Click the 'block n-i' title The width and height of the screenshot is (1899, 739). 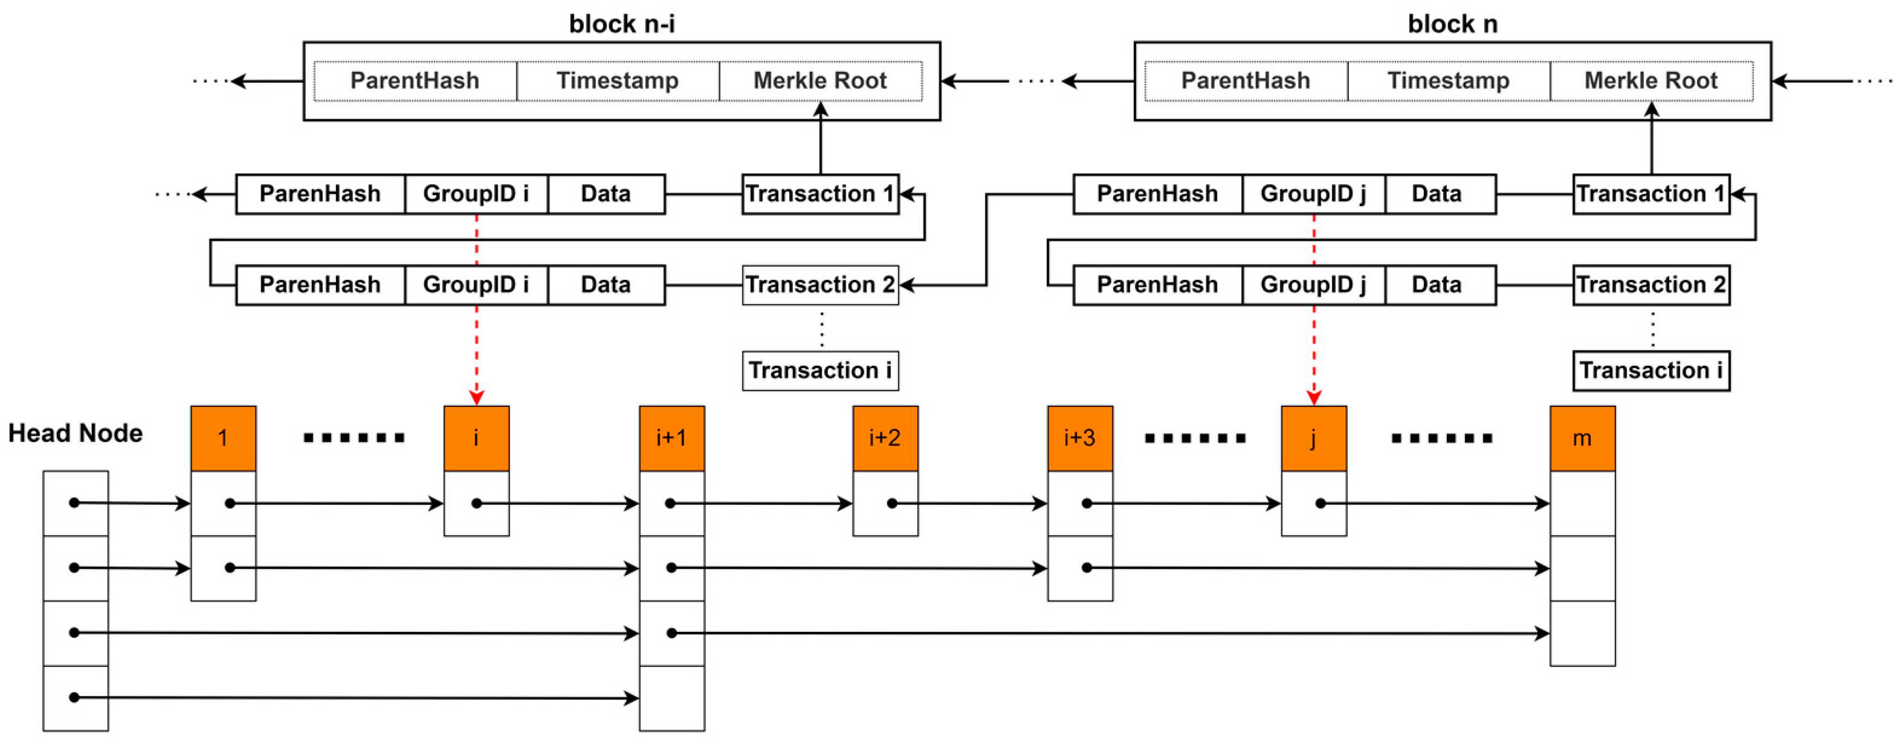[621, 24]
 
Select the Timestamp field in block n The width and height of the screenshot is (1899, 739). [1448, 80]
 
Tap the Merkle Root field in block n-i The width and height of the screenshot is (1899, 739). [820, 80]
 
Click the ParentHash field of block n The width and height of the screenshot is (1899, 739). [1245, 80]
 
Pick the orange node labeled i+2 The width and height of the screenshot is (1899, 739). [885, 438]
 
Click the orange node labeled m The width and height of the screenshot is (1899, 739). [1582, 438]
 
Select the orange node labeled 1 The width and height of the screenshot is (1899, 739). [222, 438]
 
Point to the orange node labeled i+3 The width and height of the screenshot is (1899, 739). [1079, 438]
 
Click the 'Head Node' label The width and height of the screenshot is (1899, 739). [75, 433]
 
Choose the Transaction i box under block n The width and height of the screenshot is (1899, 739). [1651, 370]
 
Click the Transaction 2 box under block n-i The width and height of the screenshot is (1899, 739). [820, 285]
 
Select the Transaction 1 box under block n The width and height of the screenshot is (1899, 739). [1651, 194]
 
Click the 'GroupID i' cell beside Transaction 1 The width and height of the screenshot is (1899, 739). [476, 194]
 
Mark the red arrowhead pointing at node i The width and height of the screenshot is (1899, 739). [476, 399]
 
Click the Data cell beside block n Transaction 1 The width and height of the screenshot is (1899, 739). [1436, 194]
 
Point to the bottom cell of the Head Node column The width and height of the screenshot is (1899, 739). [75, 698]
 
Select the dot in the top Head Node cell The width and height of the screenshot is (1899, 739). [74, 503]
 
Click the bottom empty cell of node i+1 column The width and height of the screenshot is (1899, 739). [671, 698]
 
